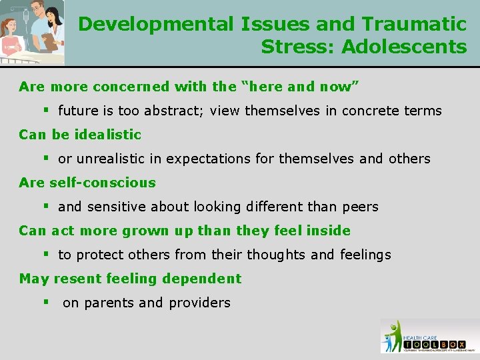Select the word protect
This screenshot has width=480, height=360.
pyautogui.click(x=97, y=255)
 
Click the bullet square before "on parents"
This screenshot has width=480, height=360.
pyautogui.click(x=47, y=302)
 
